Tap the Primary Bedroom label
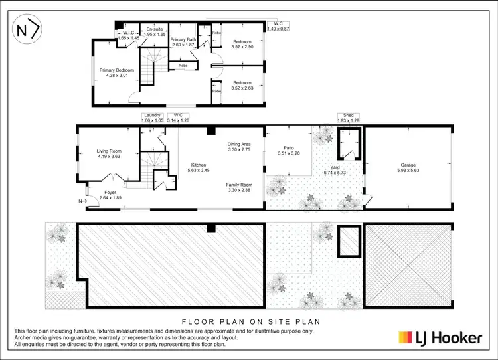tap(117, 70)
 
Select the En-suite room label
tap(155, 29)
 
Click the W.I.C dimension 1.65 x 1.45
tap(129, 39)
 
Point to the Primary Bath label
tap(183, 40)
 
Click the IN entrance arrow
tap(82, 200)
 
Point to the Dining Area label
tap(239, 144)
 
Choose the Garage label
tap(408, 165)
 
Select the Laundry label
tap(153, 115)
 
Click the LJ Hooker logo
tap(439, 338)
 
